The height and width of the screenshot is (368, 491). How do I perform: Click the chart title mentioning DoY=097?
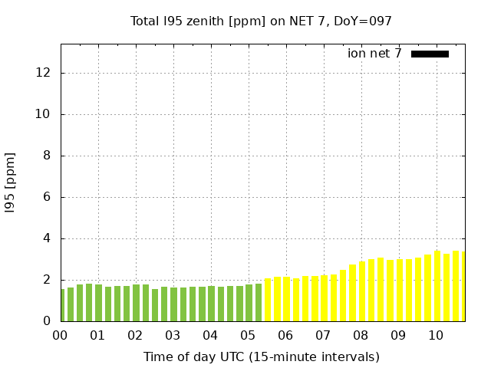coord(261,21)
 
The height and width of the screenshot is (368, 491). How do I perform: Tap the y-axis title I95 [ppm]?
coord(11,182)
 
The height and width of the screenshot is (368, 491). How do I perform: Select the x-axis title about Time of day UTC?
coord(261,356)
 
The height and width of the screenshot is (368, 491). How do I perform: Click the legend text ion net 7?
coord(374,54)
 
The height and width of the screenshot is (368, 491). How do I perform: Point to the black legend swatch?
coord(430,54)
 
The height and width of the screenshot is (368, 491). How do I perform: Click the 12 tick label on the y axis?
coord(44,73)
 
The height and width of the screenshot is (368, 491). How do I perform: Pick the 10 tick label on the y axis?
coord(44,114)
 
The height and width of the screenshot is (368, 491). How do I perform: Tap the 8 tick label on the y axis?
coord(47,156)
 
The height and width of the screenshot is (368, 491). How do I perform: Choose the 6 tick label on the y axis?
coord(47,197)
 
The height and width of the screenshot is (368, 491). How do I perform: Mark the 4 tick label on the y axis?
coord(47,238)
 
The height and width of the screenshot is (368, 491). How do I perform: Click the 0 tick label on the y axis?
coord(47,321)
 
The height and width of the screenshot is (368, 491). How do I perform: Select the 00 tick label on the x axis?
coord(61,336)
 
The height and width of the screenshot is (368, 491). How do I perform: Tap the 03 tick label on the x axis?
coord(173,336)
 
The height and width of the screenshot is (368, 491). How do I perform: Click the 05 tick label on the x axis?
coord(248,336)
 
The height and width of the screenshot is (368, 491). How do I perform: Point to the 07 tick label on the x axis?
coord(323,336)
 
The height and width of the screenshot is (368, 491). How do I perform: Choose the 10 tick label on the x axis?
coord(436,336)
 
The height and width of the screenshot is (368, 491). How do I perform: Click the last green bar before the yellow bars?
coord(259,303)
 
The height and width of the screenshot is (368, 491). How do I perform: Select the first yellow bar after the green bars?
coord(268,301)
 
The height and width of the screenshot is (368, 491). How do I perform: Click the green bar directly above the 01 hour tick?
coord(98,304)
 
